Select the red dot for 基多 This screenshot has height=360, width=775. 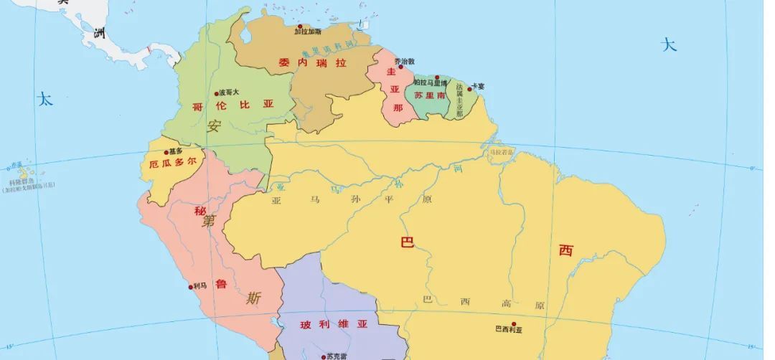point(166,152)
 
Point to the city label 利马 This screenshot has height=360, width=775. point(199,286)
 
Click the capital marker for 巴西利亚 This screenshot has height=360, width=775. point(513,323)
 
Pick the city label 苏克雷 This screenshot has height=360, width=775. point(337,356)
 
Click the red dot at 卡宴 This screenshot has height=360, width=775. point(470,88)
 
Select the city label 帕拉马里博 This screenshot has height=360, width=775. point(431,83)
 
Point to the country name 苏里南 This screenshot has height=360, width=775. point(430,95)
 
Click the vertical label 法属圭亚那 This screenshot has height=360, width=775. point(459,100)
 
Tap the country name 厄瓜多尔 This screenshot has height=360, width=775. point(172,163)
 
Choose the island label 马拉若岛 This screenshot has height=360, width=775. point(502,152)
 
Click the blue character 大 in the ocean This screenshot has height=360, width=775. point(669,45)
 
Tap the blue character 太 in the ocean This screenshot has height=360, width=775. point(45,99)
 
